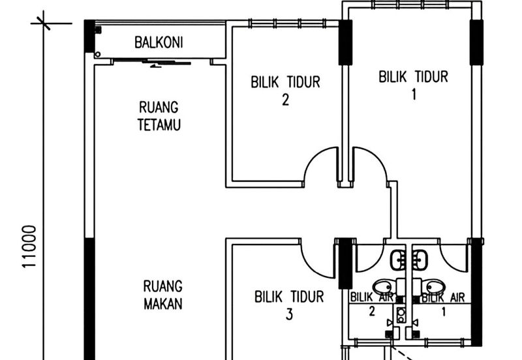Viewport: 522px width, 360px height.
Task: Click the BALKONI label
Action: pos(159,42)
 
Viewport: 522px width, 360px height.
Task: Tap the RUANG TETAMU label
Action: pos(159,116)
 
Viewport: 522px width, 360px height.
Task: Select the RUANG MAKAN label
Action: pos(162,295)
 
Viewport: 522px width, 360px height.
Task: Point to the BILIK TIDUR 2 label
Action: pos(285,91)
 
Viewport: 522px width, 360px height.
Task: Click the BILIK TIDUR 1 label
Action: pos(414,85)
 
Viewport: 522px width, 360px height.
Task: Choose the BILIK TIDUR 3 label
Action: pos(289,305)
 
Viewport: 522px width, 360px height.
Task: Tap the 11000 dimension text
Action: pos(29,247)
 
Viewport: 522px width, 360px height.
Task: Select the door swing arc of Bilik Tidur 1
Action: pos(371,164)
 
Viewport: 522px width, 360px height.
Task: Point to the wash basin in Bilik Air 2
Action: pos(398,260)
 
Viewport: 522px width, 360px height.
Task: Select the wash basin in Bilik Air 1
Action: pos(420,260)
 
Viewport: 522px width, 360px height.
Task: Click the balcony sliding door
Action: pos(152,63)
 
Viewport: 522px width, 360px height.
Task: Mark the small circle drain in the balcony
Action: pos(98,54)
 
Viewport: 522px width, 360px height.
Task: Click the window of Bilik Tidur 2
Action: pos(287,23)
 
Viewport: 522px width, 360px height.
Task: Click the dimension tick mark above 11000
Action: pos(44,23)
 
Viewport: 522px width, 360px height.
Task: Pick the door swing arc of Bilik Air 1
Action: pos(455,258)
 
